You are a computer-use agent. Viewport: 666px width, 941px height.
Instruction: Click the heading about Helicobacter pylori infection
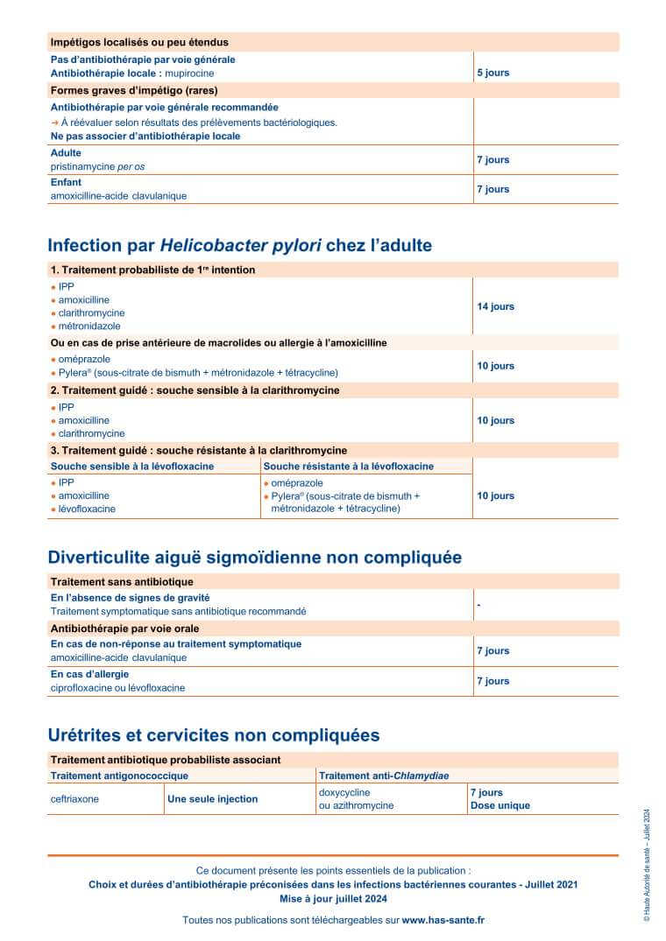(x=240, y=245)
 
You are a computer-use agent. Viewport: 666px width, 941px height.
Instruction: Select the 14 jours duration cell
(x=495, y=306)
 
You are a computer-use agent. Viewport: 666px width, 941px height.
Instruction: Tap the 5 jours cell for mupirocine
(x=492, y=73)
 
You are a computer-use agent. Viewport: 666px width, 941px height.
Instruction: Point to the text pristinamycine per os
(x=97, y=166)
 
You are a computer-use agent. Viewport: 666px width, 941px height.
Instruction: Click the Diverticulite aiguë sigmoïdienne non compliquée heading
(x=254, y=558)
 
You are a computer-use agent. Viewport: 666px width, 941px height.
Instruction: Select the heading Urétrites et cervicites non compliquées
(x=214, y=734)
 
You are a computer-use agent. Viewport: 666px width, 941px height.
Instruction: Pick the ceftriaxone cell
(x=74, y=799)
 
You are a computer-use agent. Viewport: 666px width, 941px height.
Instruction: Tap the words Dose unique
(x=499, y=805)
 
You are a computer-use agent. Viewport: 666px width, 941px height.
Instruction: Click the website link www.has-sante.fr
(x=443, y=920)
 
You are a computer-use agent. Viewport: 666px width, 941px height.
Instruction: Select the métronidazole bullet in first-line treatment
(x=89, y=327)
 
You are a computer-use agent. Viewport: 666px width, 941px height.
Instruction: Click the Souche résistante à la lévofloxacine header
(x=349, y=467)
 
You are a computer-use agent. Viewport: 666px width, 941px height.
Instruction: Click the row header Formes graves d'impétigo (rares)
(x=134, y=90)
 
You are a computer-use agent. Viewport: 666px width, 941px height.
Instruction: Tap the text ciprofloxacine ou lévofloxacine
(x=117, y=688)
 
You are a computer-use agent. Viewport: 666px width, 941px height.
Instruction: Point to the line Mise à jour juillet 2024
(x=333, y=899)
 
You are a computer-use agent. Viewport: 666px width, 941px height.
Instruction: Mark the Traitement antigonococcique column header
(x=119, y=776)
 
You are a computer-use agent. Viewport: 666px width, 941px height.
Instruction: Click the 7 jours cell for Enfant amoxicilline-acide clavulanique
(x=492, y=189)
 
